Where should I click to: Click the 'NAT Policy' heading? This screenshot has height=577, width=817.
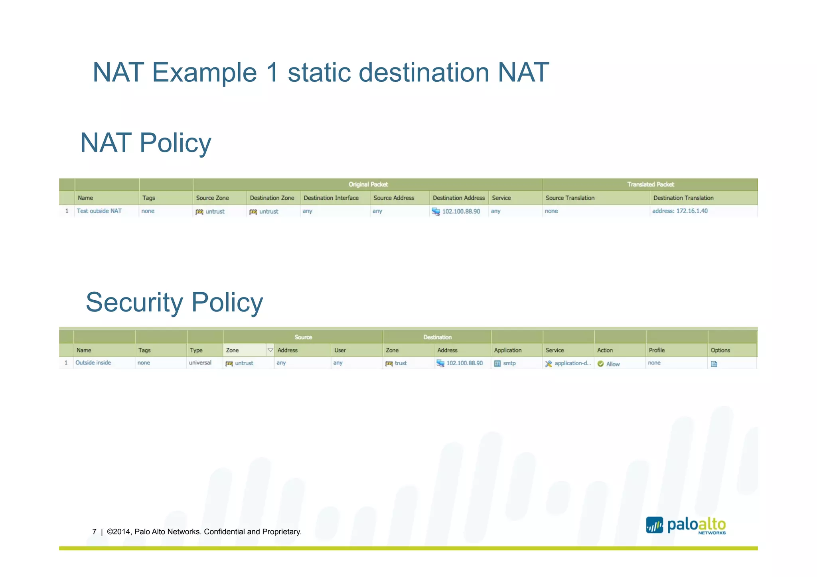(x=146, y=143)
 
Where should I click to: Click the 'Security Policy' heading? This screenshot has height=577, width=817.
(x=174, y=302)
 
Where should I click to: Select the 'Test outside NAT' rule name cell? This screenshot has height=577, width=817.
(x=99, y=211)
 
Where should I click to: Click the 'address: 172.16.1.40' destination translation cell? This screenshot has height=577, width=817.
(x=680, y=211)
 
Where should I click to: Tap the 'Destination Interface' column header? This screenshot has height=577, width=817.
(x=331, y=198)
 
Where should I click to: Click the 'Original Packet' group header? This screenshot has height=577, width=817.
(x=368, y=184)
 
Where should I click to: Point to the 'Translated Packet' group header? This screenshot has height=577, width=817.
(x=650, y=184)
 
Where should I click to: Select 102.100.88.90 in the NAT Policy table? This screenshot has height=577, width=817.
(x=461, y=211)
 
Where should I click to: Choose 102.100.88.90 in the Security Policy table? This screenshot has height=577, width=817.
(x=464, y=363)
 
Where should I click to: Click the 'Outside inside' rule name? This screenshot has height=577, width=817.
(x=93, y=363)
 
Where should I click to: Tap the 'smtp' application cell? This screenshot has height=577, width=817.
(x=509, y=363)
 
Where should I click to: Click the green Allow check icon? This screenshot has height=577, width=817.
(x=600, y=364)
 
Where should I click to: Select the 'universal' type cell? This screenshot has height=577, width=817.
(x=200, y=363)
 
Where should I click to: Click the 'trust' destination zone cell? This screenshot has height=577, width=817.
(x=401, y=363)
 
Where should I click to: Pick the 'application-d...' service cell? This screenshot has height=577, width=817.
(x=572, y=363)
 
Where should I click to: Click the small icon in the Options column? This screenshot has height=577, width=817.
(x=714, y=364)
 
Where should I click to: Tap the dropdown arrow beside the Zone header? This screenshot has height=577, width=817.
(x=270, y=350)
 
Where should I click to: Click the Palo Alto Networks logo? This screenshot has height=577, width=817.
(x=686, y=525)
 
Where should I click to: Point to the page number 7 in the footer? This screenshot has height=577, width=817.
(x=94, y=532)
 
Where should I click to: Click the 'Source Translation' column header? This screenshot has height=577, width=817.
(x=570, y=198)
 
